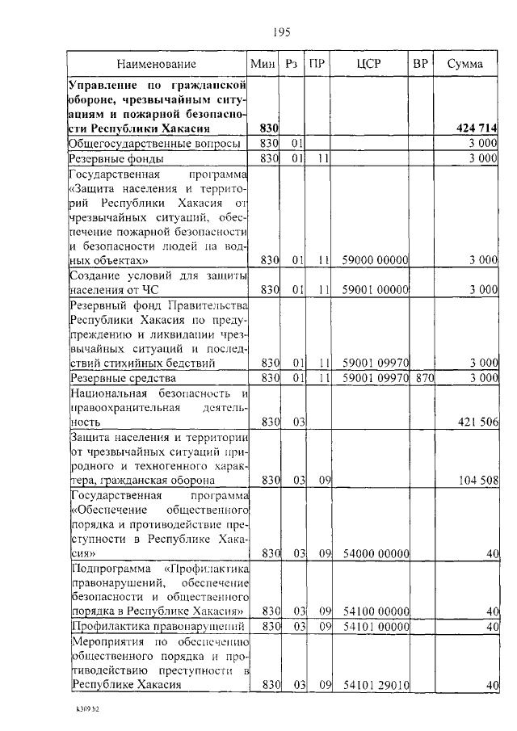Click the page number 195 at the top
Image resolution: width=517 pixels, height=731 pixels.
click(x=281, y=32)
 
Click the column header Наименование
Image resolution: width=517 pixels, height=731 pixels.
click(x=156, y=63)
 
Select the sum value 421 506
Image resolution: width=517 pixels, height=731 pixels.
click(x=477, y=421)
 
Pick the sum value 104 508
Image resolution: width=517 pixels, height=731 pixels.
click(x=477, y=481)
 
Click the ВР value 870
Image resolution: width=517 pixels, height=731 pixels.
click(x=420, y=377)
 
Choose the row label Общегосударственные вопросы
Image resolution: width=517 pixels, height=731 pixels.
click(x=155, y=143)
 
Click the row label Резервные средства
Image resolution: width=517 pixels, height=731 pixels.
click(x=118, y=377)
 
